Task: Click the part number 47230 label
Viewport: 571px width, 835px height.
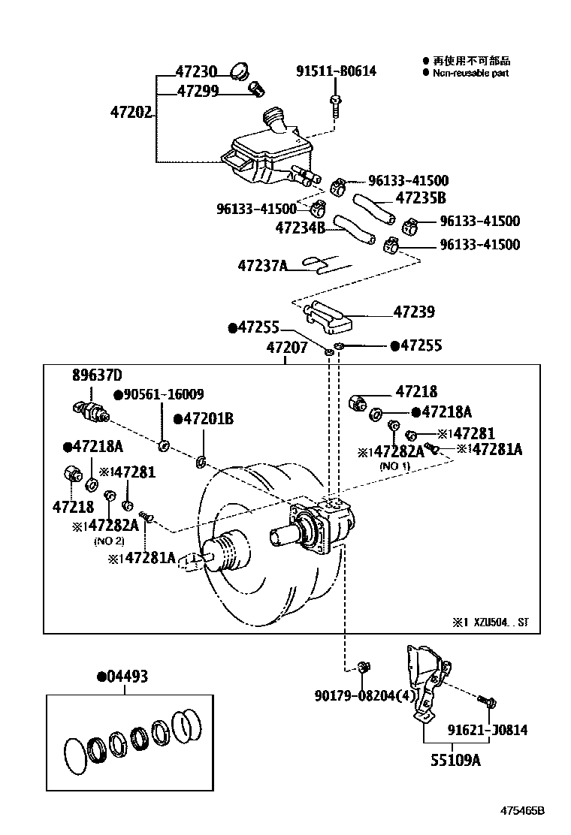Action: [x=196, y=72]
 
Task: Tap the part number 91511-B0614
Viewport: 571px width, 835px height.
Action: [x=335, y=71]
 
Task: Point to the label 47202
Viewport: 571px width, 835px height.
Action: [x=131, y=113]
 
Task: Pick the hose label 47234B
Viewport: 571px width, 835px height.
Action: [x=300, y=227]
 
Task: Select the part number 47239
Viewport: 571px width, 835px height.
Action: [x=413, y=312]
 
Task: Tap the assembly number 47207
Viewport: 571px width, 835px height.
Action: [x=286, y=348]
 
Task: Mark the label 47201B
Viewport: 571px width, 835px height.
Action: [x=204, y=419]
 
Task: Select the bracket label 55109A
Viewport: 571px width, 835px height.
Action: [x=455, y=759]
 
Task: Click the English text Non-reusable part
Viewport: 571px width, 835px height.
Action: [x=470, y=73]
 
